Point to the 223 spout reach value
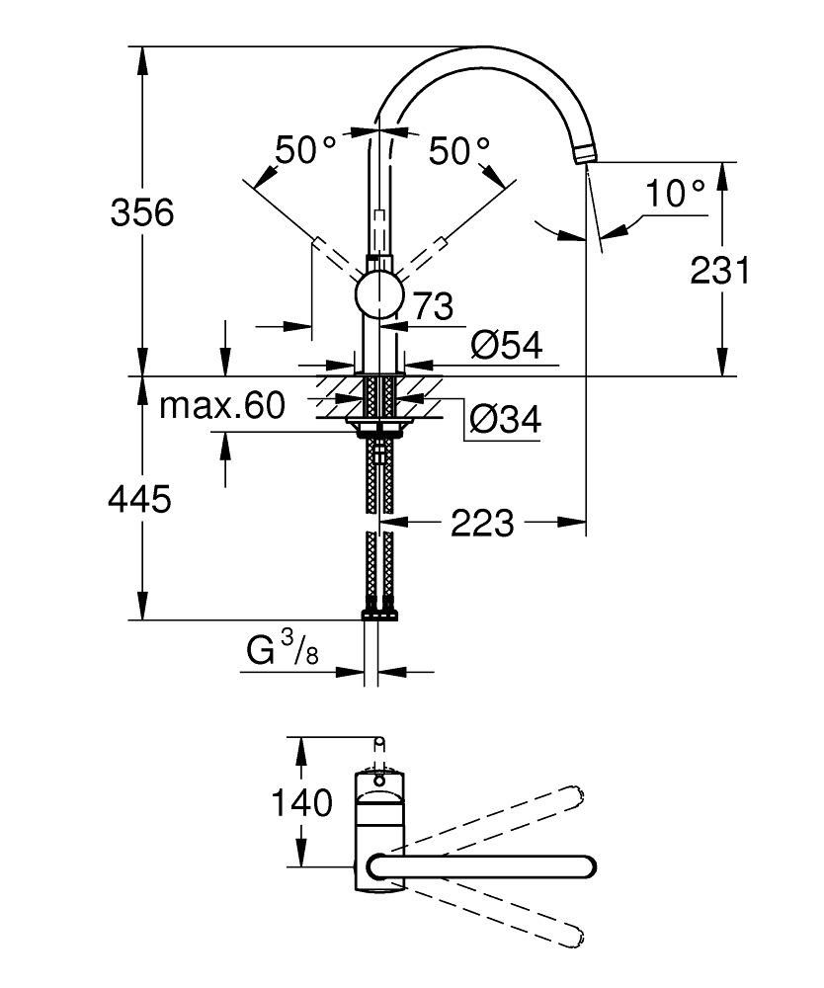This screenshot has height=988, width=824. coord(483,523)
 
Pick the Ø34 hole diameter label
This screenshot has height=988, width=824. coord(504,421)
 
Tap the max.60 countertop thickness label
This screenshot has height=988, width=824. coord(222,405)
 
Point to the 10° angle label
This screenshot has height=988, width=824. coord(677,194)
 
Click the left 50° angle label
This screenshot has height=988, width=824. coord(305,150)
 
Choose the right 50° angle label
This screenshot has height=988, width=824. coord(458,150)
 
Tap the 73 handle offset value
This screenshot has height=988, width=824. coord(432,306)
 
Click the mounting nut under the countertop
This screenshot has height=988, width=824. coord(378,428)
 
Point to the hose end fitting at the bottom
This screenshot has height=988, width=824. coord(379,612)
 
